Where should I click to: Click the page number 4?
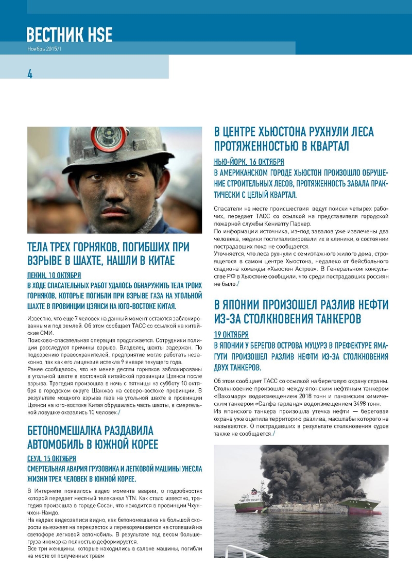coord(30,73)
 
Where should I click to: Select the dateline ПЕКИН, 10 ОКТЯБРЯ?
coord(54,276)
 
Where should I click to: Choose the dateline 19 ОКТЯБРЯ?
coord(231,334)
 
